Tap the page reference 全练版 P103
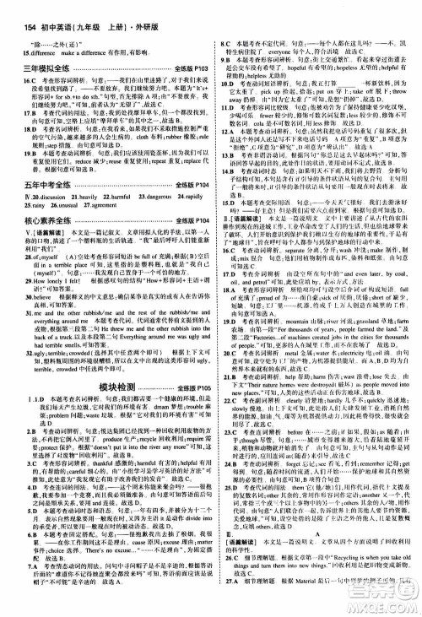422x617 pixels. coord(182,66)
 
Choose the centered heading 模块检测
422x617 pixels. coord(109,409)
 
